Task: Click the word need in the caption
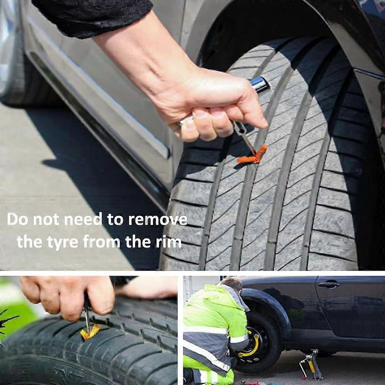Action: [83, 220]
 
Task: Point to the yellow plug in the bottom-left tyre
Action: [90, 332]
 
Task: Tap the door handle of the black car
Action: [329, 285]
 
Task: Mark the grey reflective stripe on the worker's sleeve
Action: [239, 339]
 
